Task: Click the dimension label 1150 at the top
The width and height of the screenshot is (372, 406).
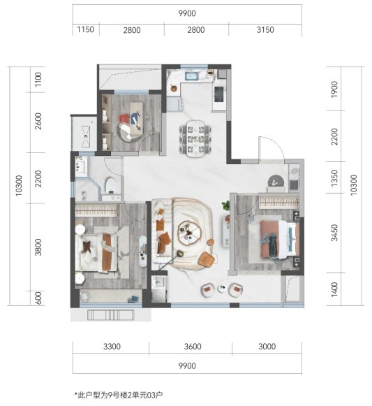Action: pyautogui.click(x=85, y=30)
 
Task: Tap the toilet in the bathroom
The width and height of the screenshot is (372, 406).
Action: pyautogui.click(x=110, y=184)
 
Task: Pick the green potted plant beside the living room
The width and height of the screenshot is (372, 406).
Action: pyautogui.click(x=225, y=206)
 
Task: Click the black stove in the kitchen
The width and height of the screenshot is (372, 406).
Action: pyautogui.click(x=218, y=92)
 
